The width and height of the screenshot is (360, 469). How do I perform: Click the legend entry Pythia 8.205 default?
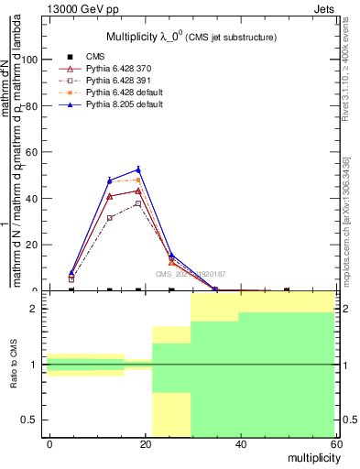click(125, 104)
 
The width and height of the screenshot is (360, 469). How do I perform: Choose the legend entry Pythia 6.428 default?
click(125, 93)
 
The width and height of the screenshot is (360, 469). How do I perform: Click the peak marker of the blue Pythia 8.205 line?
click(138, 169)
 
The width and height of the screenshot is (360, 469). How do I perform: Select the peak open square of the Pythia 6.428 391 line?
click(138, 203)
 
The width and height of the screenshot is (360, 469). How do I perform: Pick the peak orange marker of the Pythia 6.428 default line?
click(138, 180)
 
